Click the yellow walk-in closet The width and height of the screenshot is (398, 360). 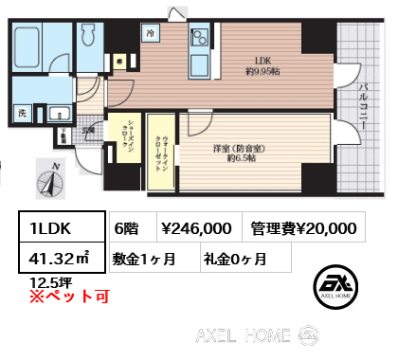click(160, 147)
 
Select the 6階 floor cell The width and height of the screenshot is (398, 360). click(128, 227)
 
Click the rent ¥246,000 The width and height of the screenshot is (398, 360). click(197, 227)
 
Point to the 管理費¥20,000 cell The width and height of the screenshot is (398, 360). click(303, 227)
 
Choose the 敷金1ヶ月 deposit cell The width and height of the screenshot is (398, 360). click(150, 257)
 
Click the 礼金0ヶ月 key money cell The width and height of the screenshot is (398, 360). click(233, 257)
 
